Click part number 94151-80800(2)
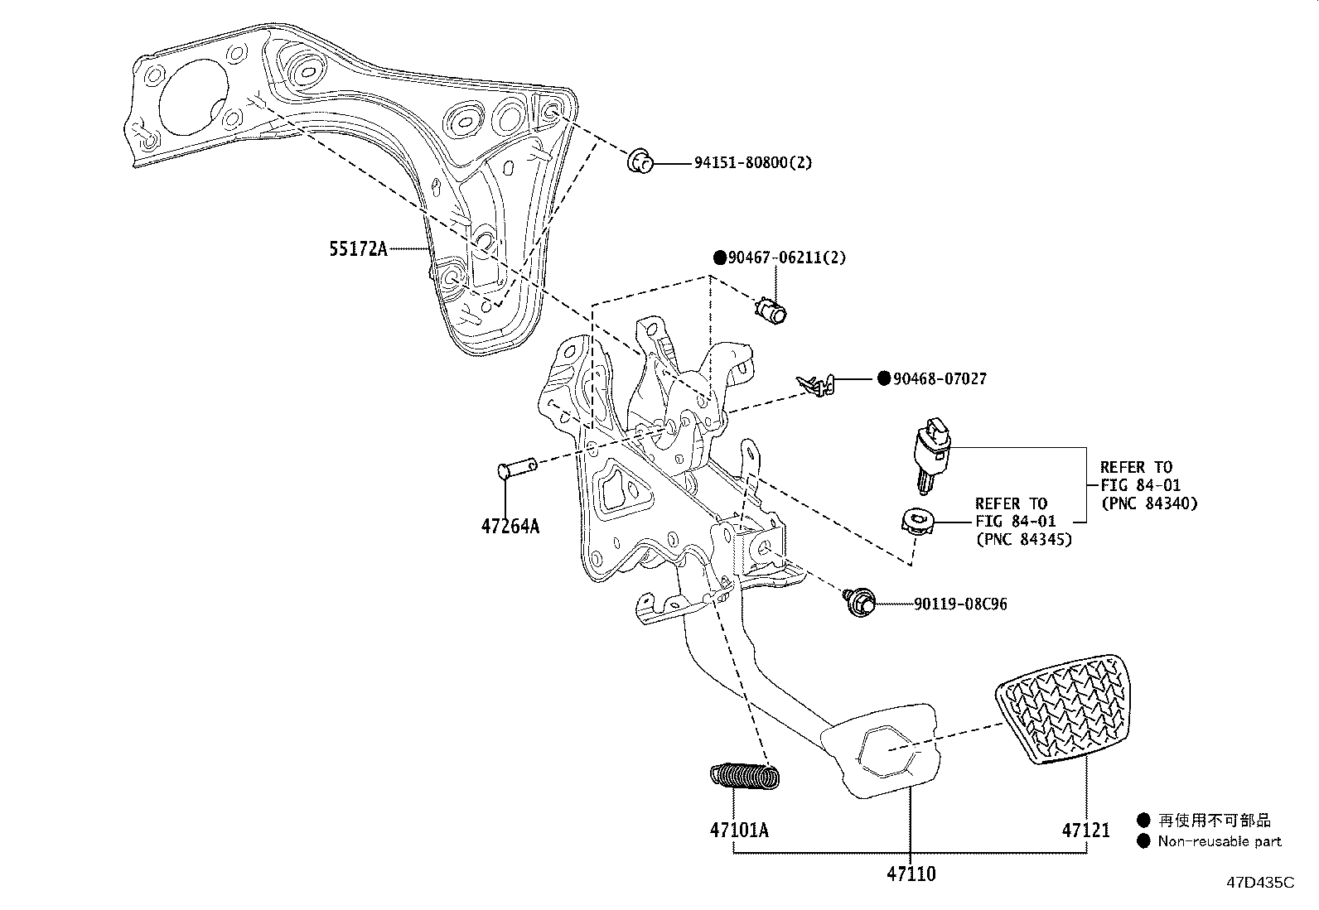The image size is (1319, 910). pos(753,162)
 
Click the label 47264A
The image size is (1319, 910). pos(510,525)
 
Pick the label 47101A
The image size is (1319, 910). pos(738,830)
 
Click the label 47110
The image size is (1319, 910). pos(910,873)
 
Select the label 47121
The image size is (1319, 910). pos(1085,830)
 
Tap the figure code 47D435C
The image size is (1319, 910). pos(1259,883)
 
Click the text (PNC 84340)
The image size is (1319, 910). pos(1149,503)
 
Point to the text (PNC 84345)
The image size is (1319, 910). pos(1023,540)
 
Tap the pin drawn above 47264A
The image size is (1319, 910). pos(515,471)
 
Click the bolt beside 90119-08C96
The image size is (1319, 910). pos(858,602)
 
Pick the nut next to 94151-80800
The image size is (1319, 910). pos(639,161)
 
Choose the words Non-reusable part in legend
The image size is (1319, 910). pos(1219,841)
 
